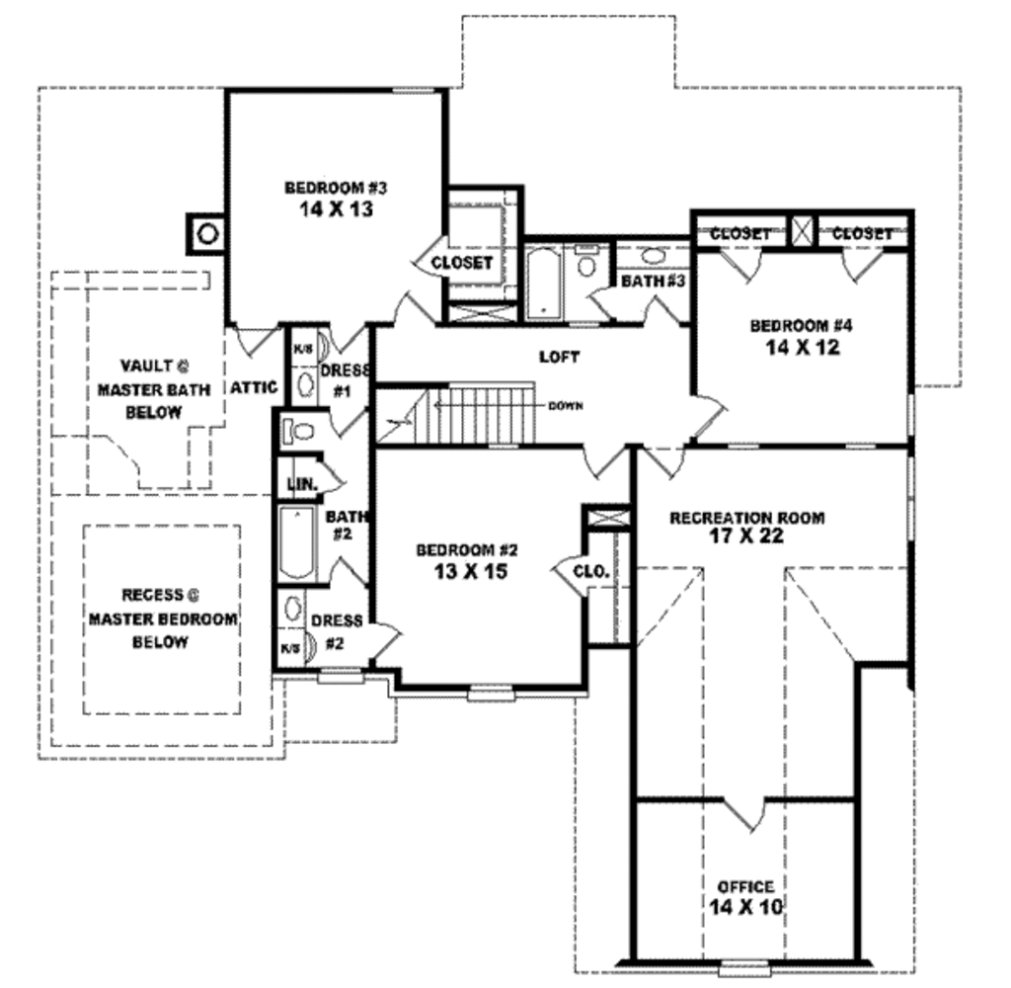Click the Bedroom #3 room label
[x=328, y=188]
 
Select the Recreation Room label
[x=746, y=517]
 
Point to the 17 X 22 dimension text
[x=746, y=537]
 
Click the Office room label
[x=745, y=886]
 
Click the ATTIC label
[x=253, y=387]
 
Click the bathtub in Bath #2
[x=295, y=542]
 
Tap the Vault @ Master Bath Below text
[x=153, y=388]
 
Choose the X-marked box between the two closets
[x=802, y=232]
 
